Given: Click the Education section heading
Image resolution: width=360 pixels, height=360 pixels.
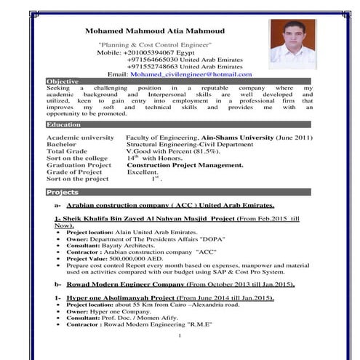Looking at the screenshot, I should [63, 124].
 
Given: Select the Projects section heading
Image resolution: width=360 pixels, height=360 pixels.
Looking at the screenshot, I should [62, 192].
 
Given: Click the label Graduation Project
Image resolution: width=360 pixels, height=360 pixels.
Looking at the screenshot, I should [79, 165].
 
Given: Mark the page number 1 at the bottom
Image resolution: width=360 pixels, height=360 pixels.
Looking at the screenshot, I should [179, 337].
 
